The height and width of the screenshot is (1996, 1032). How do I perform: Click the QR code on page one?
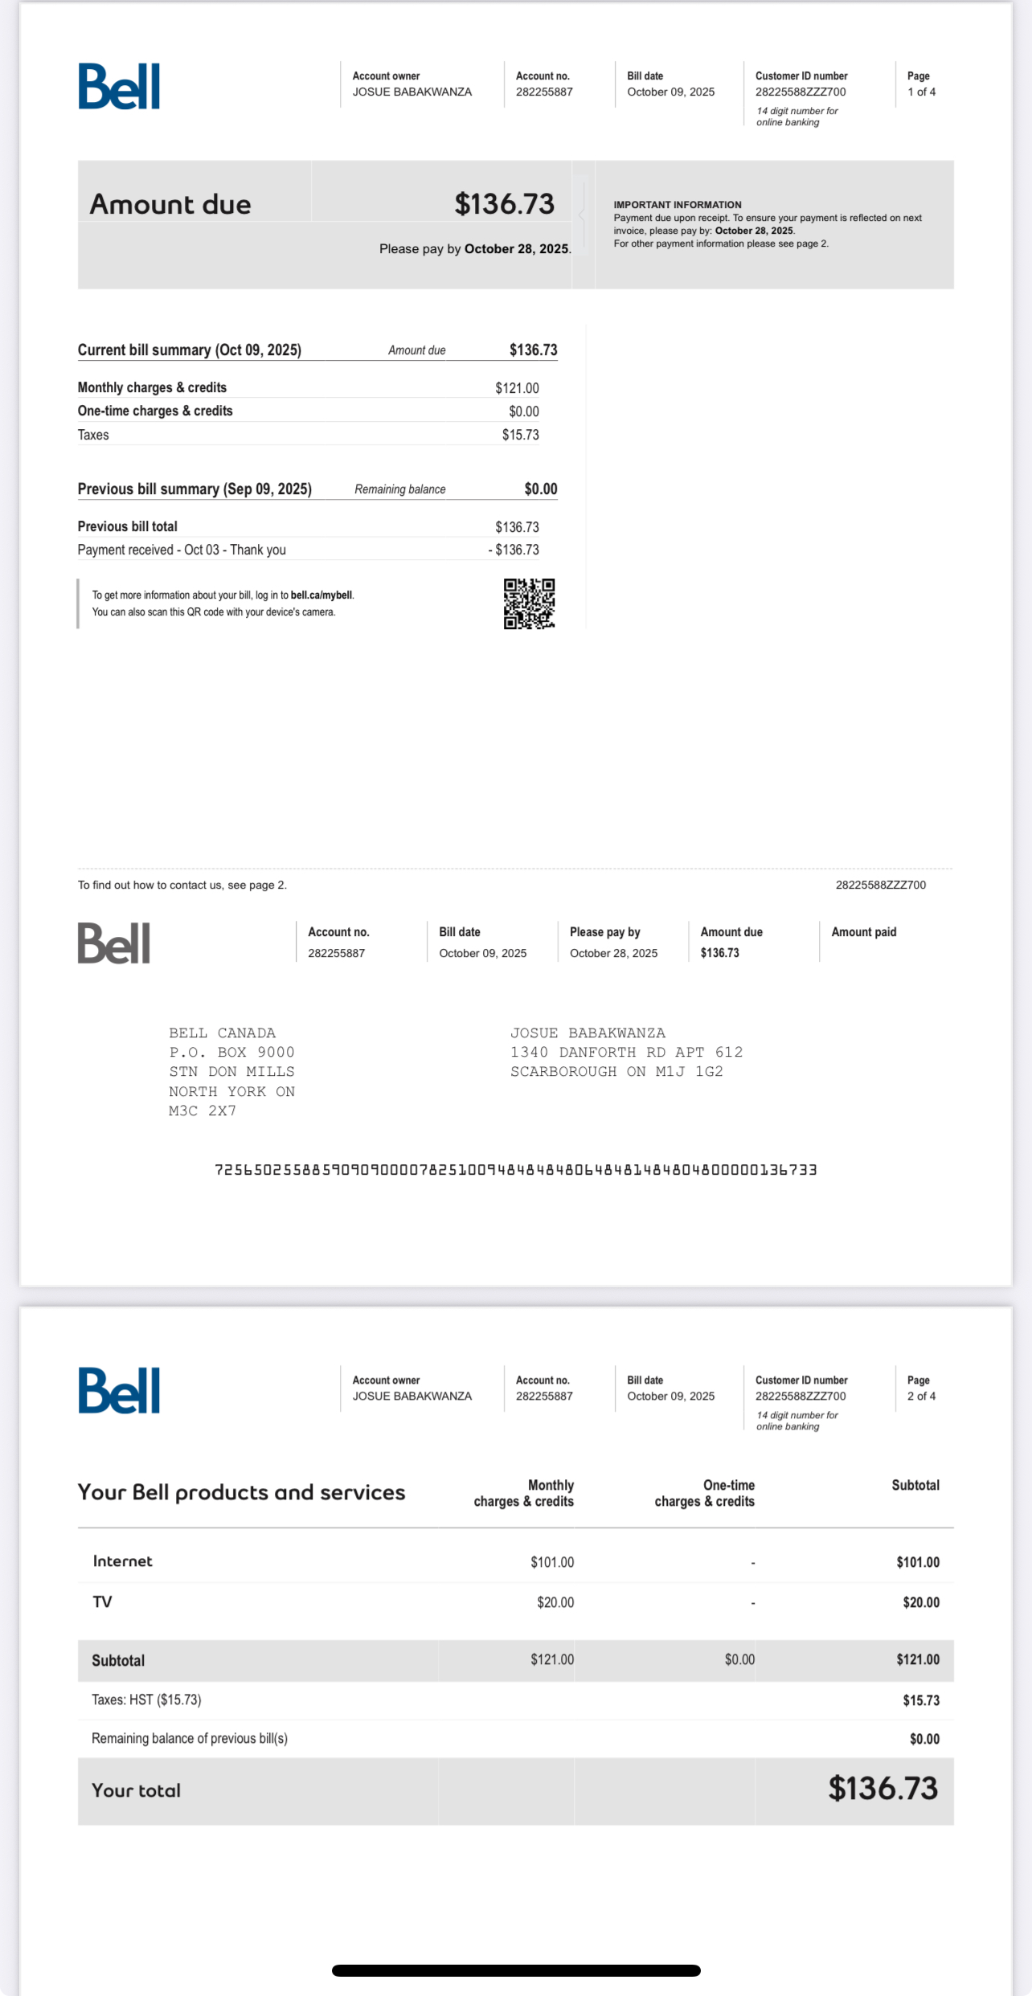point(529,603)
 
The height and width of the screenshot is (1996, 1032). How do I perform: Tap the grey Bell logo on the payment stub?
point(114,943)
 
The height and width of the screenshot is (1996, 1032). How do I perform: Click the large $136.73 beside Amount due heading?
point(504,204)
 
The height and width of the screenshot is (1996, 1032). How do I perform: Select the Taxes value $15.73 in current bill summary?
point(520,435)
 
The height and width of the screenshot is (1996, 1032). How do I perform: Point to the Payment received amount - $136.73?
point(514,550)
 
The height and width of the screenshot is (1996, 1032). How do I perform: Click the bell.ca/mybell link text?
point(321,595)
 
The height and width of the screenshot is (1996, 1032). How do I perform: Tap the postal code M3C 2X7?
point(203,1110)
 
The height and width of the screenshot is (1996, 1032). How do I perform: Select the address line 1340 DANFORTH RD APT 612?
point(626,1052)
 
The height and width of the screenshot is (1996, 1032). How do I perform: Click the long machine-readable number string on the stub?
point(515,1170)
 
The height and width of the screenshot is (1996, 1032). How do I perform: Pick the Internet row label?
point(122,1561)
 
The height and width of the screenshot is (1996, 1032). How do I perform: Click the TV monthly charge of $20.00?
point(555,1602)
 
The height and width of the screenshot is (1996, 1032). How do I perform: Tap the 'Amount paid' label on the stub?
point(863,932)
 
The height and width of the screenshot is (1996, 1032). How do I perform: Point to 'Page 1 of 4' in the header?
point(921,84)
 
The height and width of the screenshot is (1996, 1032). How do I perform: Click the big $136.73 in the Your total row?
point(883,1789)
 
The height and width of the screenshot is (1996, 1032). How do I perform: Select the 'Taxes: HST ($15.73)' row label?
point(146,1699)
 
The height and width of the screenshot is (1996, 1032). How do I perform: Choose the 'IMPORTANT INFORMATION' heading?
point(678,205)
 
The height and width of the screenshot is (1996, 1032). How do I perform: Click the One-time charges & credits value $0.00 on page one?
point(523,411)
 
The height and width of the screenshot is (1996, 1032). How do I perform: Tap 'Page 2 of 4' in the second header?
point(921,1389)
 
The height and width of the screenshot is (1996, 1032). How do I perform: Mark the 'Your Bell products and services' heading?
point(241,1492)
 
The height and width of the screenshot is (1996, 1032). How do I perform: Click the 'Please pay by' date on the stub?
point(613,953)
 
